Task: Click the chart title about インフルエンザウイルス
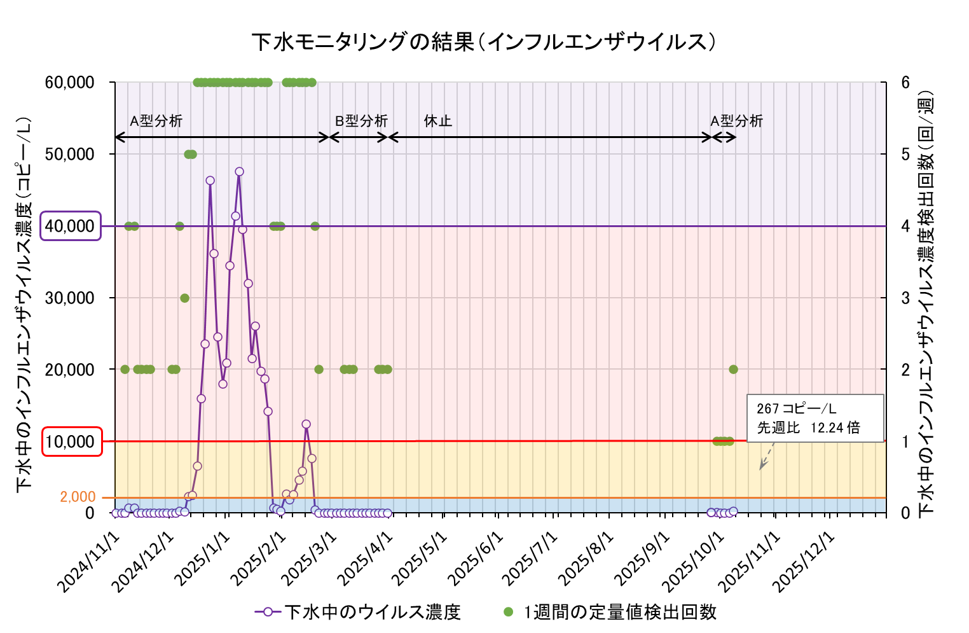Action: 484,42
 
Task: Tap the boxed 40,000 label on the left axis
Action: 71,226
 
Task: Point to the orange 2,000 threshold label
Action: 78,497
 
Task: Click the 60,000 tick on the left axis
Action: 70,83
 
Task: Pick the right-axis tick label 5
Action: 905,155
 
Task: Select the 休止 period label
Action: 437,121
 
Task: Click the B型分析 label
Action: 361,121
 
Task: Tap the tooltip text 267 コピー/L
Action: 796,408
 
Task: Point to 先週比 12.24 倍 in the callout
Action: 808,428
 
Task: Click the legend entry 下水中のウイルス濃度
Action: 358,612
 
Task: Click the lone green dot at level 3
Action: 184,298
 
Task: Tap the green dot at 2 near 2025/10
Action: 733,370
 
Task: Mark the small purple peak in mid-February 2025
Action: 306,424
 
